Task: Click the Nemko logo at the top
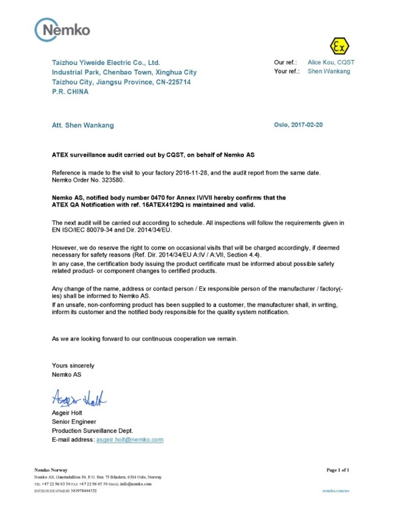point(62,30)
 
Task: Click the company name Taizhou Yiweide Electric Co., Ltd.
point(106,63)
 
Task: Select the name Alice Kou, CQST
point(331,63)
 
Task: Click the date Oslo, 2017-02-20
point(298,125)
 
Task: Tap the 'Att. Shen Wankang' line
point(83,125)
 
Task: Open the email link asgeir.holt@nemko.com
point(130,440)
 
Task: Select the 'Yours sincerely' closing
point(73,365)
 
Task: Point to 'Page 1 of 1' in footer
point(337,470)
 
